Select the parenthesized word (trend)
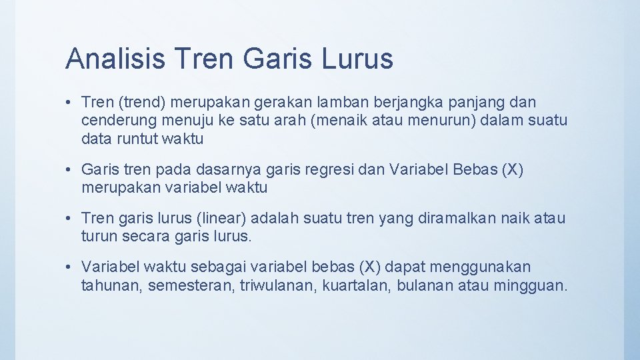click(x=143, y=103)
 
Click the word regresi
click(x=330, y=170)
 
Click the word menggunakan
click(x=475, y=267)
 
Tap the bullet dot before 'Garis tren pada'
click(x=69, y=170)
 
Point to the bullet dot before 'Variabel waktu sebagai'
click(x=69, y=267)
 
